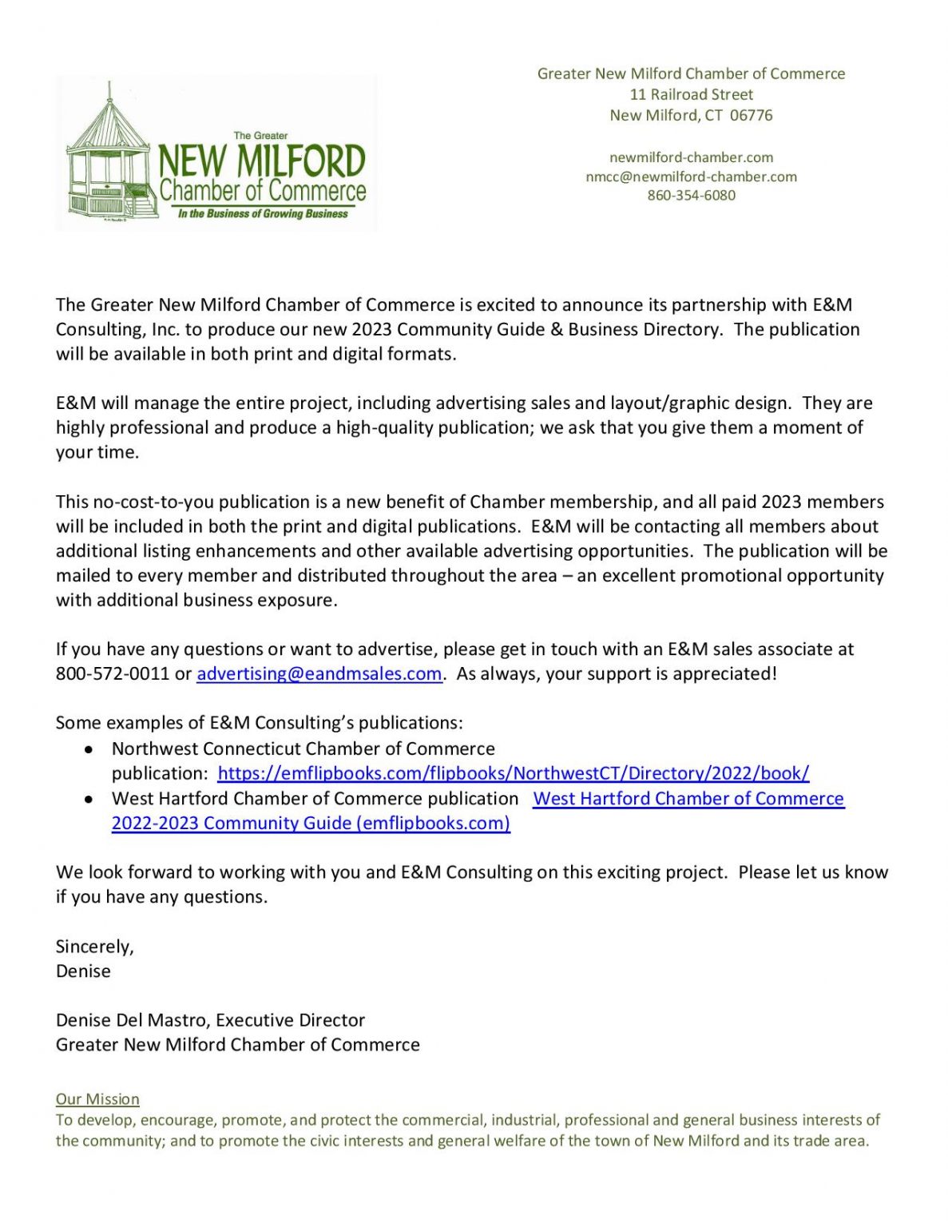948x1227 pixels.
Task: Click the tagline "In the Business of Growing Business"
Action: pyautogui.click(x=263, y=214)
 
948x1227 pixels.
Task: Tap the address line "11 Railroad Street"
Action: pyautogui.click(x=691, y=94)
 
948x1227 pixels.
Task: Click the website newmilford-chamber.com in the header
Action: pyautogui.click(x=691, y=157)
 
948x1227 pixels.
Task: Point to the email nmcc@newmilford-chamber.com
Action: pyautogui.click(x=691, y=177)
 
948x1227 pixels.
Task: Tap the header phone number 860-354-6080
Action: pyautogui.click(x=691, y=195)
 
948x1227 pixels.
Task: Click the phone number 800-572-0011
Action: pyautogui.click(x=112, y=674)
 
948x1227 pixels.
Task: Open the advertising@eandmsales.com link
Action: pyautogui.click(x=319, y=674)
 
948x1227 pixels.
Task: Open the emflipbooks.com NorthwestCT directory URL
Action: pyautogui.click(x=513, y=773)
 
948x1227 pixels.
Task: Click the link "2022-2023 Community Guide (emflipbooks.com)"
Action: pyautogui.click(x=311, y=823)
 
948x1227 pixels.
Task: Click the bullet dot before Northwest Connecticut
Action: pyautogui.click(x=90, y=750)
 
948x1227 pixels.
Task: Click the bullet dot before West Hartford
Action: pyautogui.click(x=90, y=800)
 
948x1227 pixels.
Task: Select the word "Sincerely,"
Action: pyautogui.click(x=94, y=947)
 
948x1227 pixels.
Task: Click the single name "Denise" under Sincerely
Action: pyautogui.click(x=83, y=971)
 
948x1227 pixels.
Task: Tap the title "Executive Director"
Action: pyautogui.click(x=290, y=1020)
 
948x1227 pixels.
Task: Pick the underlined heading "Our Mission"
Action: pyautogui.click(x=97, y=1099)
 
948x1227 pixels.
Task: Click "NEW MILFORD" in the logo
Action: pyautogui.click(x=262, y=161)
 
